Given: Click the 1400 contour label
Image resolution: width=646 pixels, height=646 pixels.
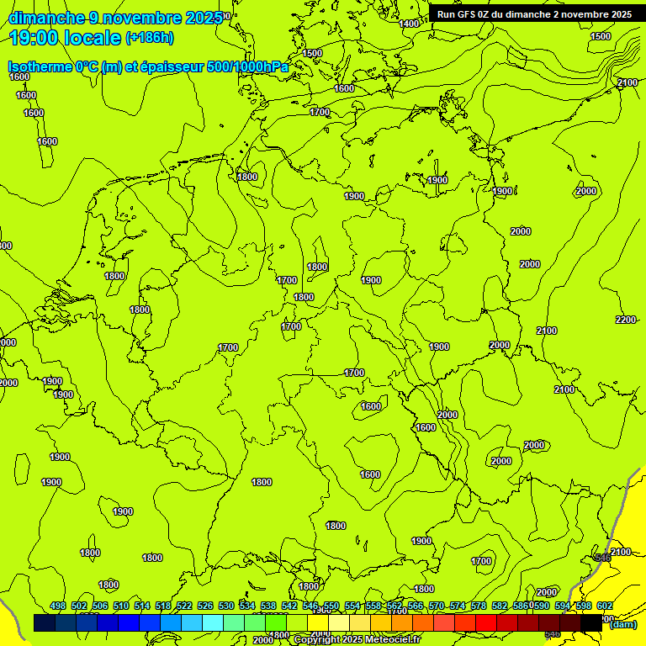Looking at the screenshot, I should [409, 24].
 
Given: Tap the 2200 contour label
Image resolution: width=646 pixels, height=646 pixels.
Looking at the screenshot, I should [625, 320].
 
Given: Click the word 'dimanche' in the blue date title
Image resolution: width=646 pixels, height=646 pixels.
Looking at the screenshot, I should [46, 18].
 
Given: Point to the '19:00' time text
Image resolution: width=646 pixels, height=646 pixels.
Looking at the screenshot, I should [34, 38].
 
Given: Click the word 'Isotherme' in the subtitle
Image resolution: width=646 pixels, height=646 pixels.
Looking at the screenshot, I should [41, 66].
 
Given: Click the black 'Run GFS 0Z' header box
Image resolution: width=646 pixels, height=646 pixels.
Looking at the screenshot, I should [535, 14].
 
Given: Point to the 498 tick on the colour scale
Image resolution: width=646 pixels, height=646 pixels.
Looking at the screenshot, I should [58, 606].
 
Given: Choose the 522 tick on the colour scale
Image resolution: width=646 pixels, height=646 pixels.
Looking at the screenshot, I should [184, 606].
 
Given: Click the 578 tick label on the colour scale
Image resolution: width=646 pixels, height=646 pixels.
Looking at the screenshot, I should [479, 606].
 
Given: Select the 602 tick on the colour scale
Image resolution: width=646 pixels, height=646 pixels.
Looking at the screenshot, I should [605, 606].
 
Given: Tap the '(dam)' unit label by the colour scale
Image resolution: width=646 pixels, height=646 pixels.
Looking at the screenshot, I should [623, 624].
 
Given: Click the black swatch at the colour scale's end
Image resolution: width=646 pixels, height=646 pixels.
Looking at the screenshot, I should [591, 622].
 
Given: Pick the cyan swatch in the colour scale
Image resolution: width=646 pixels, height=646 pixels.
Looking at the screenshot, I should [213, 622].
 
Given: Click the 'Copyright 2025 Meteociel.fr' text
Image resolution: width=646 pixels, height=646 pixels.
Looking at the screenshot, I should [357, 640].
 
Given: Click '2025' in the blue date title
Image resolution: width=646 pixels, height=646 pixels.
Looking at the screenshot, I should [205, 18].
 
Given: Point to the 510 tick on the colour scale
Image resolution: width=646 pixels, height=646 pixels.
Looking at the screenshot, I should [121, 606].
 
